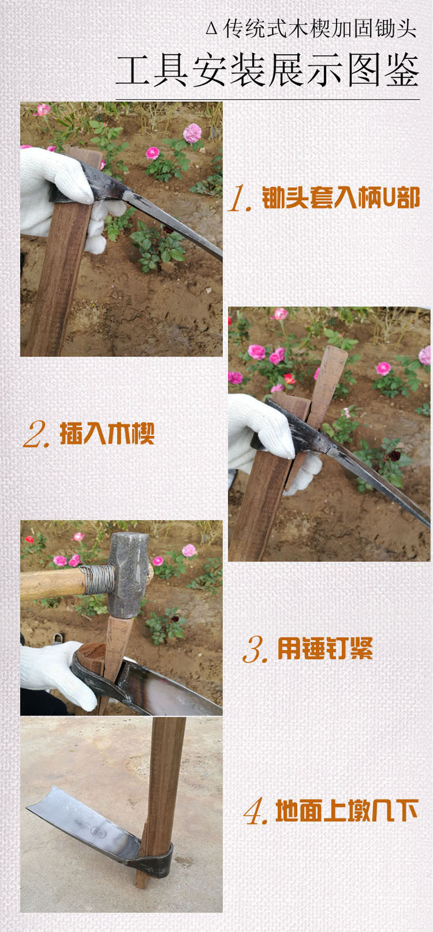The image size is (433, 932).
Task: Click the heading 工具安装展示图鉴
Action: (267, 71)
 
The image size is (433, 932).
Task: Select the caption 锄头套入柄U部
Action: (341, 198)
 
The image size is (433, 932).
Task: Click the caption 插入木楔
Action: (107, 434)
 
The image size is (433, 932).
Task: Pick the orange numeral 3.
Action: (254, 649)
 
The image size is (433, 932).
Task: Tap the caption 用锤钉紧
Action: (325, 648)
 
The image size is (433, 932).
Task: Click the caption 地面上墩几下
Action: (347, 811)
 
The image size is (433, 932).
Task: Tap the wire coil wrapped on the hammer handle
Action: (98, 579)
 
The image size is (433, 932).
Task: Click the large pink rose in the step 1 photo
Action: (192, 133)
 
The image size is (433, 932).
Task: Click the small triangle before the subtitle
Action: (212, 29)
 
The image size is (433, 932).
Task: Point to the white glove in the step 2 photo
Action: (260, 428)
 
